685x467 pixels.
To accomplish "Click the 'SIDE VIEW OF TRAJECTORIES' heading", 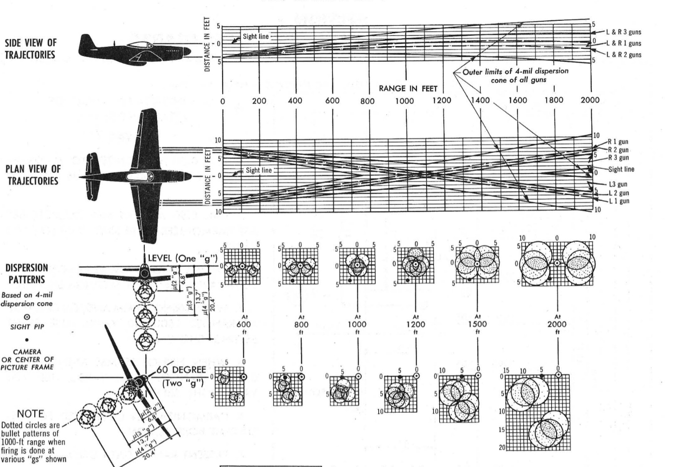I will click(31, 49).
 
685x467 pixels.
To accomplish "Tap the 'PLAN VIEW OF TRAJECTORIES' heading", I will click(32, 175).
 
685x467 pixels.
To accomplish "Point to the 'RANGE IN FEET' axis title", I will click(408, 89).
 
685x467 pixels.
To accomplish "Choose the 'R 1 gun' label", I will click(618, 142).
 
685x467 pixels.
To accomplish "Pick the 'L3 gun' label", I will click(617, 184).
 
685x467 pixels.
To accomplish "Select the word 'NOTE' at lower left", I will click(30, 414).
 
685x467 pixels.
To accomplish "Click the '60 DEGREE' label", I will click(181, 370).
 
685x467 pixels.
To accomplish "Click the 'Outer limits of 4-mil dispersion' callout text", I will click(515, 71).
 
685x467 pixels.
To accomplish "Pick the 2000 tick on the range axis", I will click(590, 100).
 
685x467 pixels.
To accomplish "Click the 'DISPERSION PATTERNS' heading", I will click(27, 273).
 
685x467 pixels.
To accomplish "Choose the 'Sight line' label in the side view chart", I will click(255, 36).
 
